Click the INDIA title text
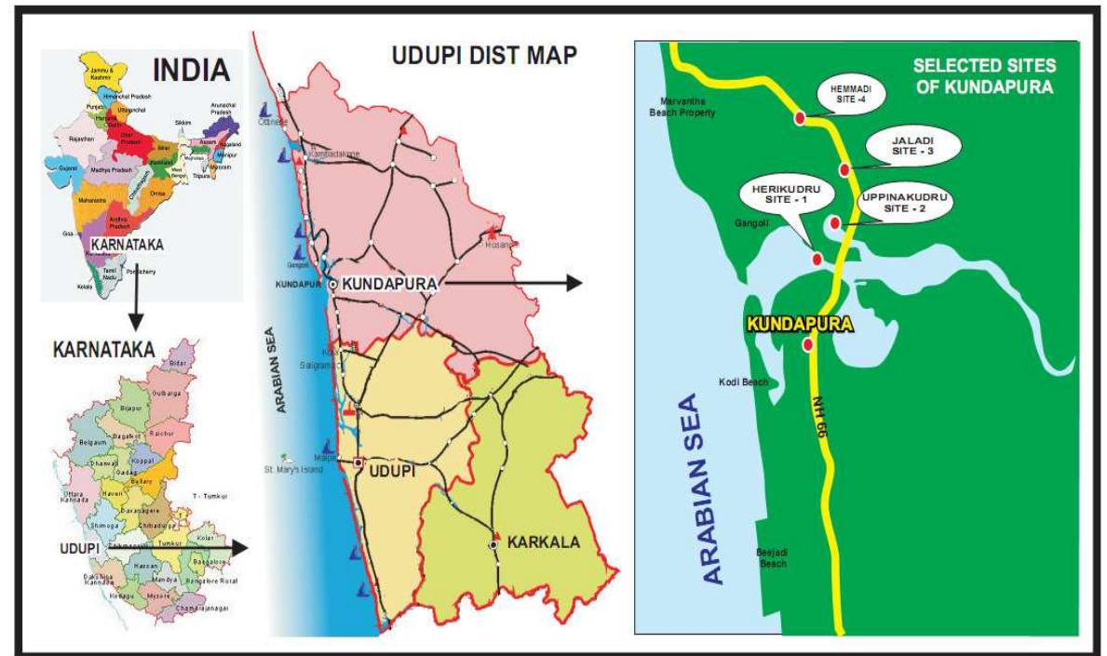192,71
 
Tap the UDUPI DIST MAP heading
482,57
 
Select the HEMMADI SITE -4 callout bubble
845,96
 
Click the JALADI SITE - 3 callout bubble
898,145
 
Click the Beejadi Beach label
771,557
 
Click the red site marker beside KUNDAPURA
807,344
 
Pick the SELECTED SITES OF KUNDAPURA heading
983,77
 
